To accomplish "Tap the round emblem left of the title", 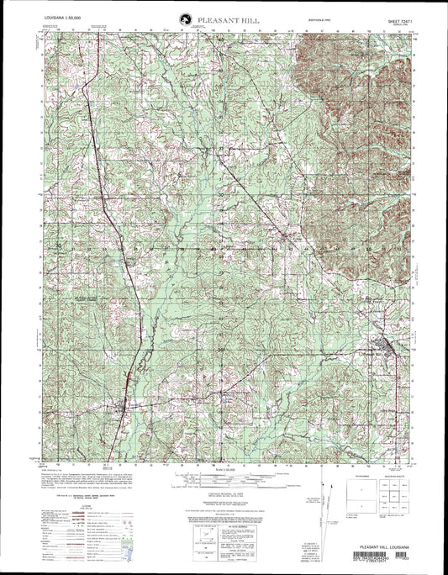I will coord(183,18).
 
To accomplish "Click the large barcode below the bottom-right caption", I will coord(383,554).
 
